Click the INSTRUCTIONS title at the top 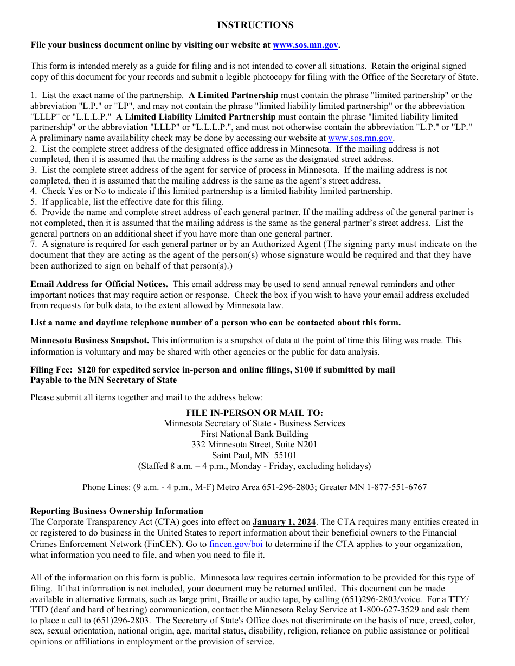click(x=255, y=25)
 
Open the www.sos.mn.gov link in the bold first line click(x=306, y=45)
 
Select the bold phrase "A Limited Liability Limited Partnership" click(x=196, y=117)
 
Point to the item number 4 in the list click(x=33, y=191)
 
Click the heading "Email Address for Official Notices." click(x=99, y=284)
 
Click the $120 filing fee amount click(x=86, y=370)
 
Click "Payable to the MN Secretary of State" click(x=104, y=380)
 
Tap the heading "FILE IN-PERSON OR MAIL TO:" click(x=254, y=413)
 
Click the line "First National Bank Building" click(x=254, y=434)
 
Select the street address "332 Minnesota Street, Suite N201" click(x=254, y=445)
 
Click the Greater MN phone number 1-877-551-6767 click(x=395, y=487)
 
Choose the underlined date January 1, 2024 click(x=284, y=522)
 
